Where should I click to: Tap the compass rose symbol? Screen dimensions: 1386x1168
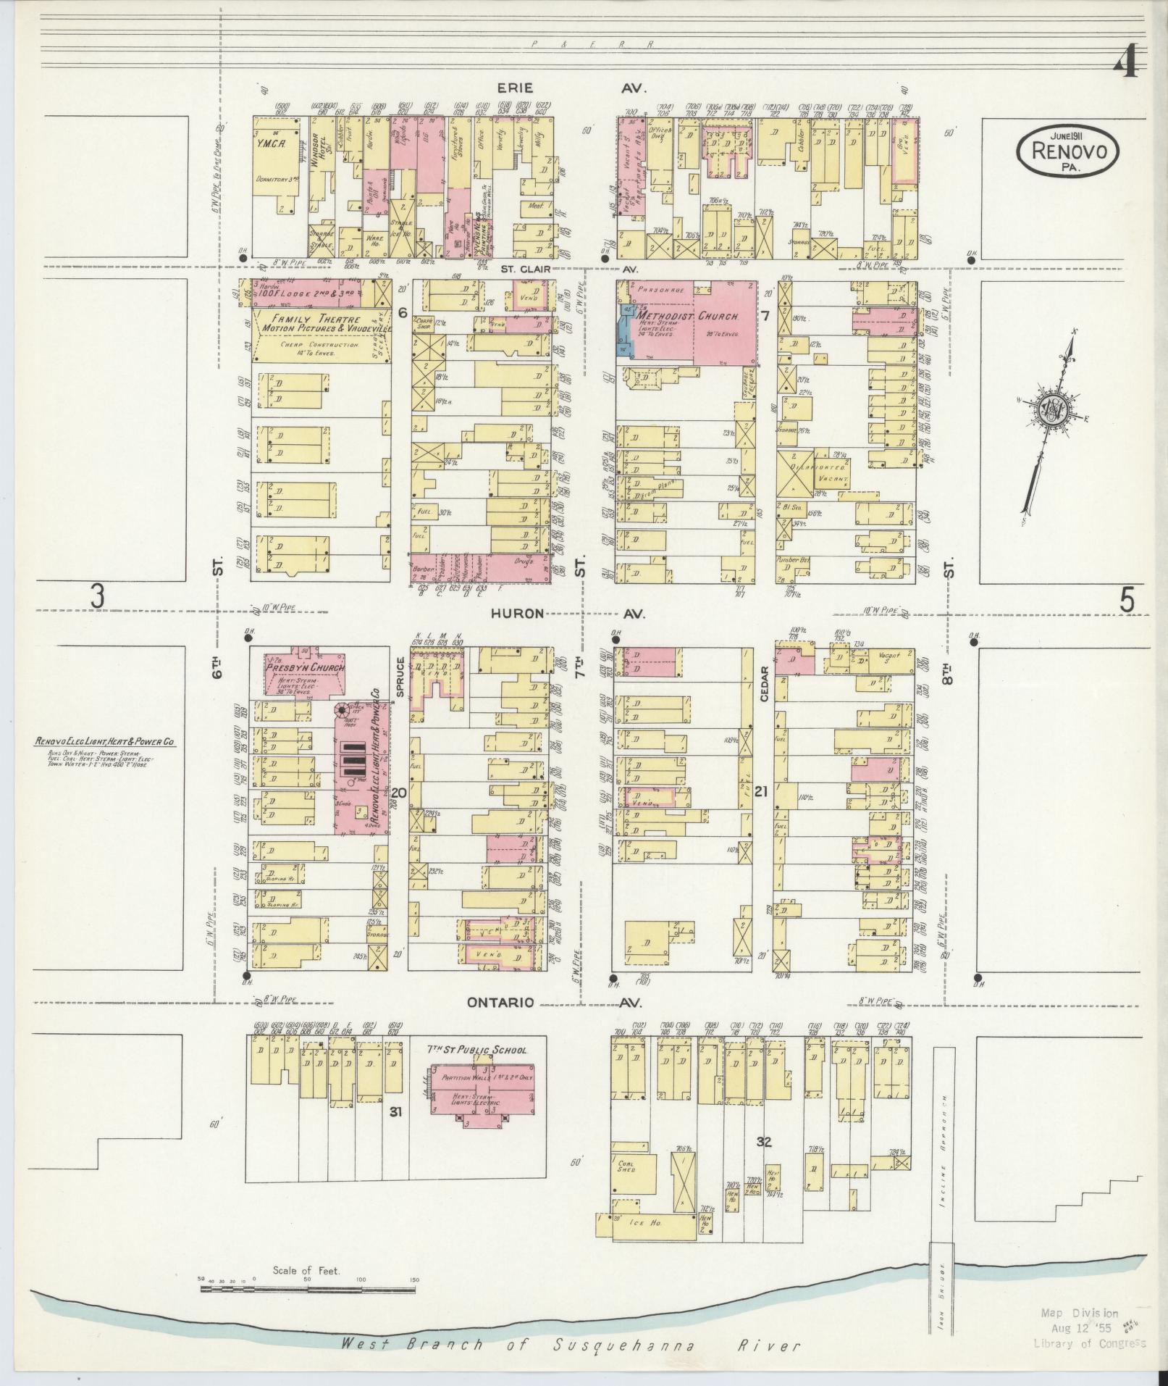1049,411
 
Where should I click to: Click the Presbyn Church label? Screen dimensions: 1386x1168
305,668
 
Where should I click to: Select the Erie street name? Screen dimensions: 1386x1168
515,88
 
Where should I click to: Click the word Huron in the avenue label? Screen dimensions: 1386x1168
517,613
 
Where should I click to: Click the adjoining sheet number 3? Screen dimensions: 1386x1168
96,598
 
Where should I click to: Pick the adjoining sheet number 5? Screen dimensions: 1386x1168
1127,600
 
